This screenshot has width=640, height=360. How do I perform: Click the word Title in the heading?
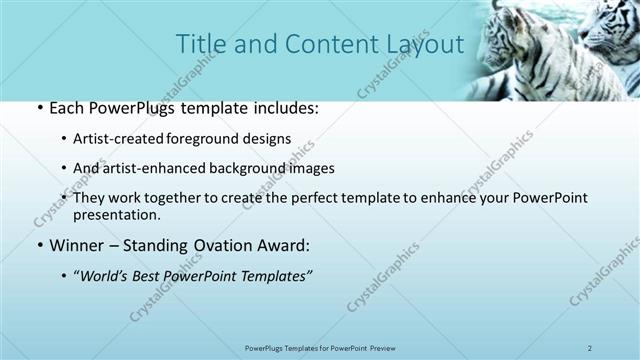coord(199,45)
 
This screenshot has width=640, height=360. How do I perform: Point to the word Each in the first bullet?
coord(65,108)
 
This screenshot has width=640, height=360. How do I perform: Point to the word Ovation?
coord(219,245)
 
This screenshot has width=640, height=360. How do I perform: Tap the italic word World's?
coord(106,275)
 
